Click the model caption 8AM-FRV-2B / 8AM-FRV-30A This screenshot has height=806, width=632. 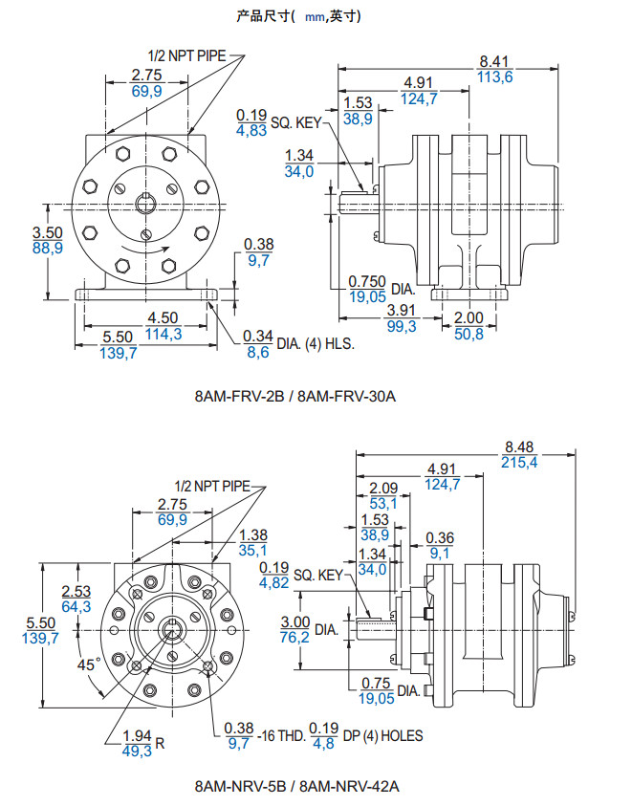click(x=295, y=393)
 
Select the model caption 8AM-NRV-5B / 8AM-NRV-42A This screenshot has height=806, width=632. click(x=296, y=787)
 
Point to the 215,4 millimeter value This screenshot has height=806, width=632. click(x=520, y=462)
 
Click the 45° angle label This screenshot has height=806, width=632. click(x=89, y=664)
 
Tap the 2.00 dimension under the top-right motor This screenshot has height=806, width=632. click(x=469, y=317)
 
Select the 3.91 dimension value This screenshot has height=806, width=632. click(x=402, y=311)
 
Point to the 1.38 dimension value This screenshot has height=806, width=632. click(x=254, y=534)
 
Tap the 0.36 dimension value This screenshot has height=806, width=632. click(x=440, y=537)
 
